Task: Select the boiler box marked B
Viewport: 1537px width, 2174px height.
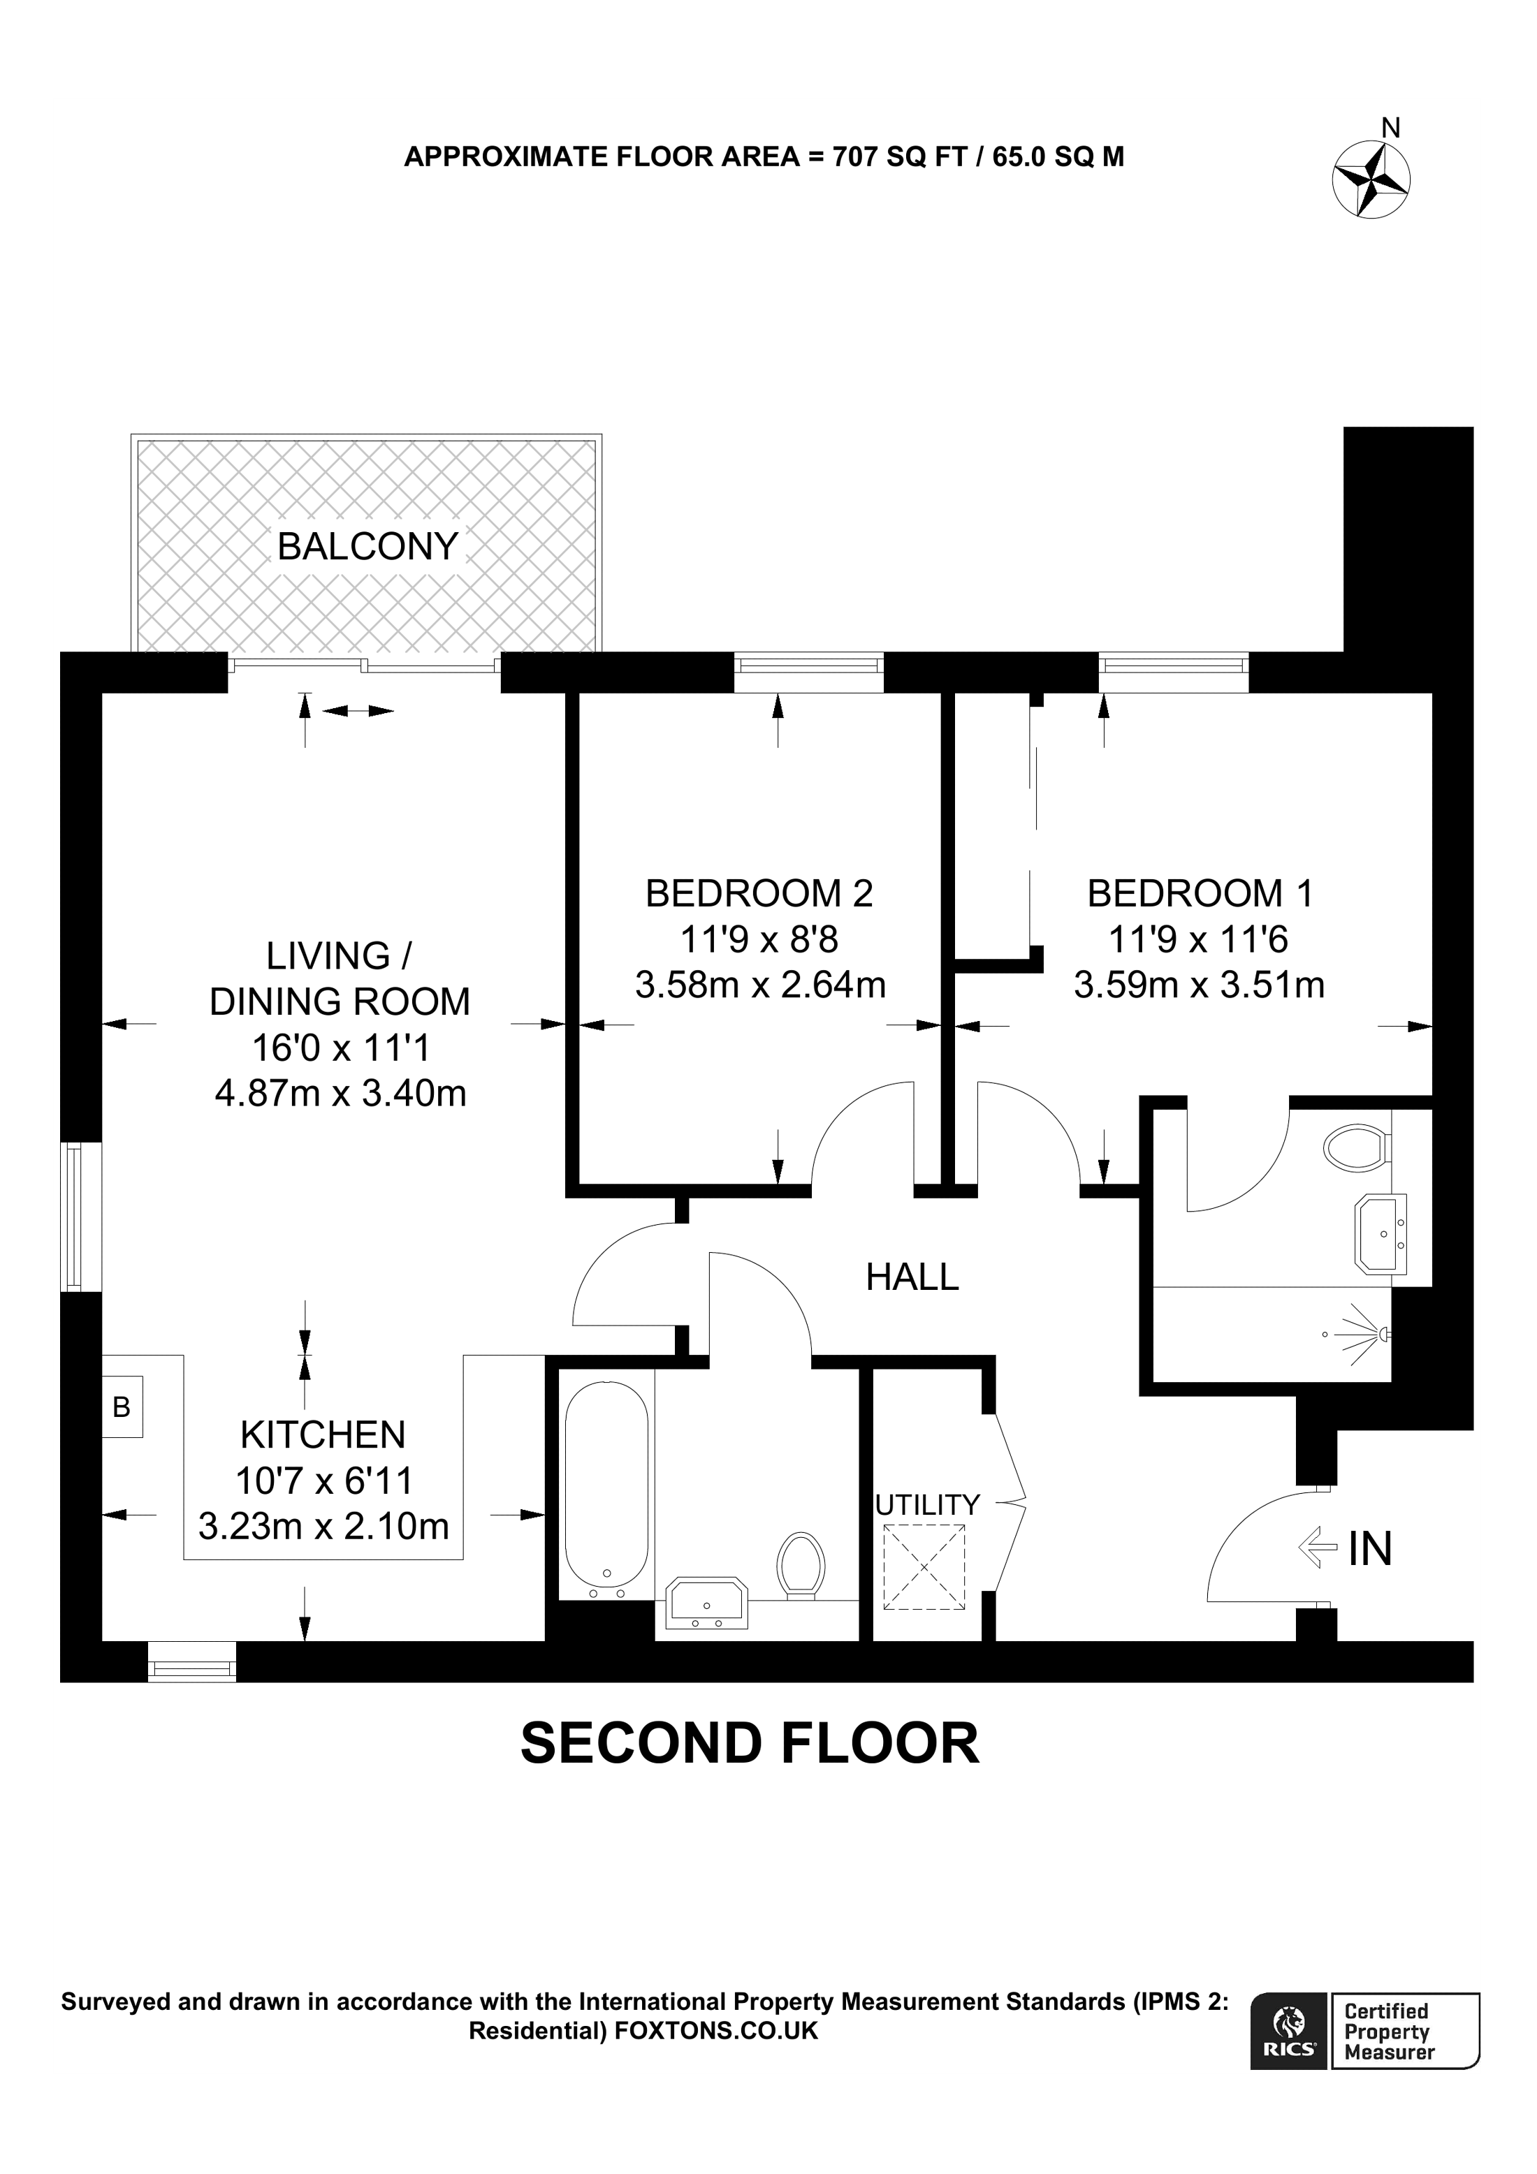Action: click(x=122, y=1407)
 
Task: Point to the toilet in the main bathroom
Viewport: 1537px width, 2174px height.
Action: click(x=800, y=1566)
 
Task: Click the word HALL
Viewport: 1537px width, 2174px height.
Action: click(x=912, y=1277)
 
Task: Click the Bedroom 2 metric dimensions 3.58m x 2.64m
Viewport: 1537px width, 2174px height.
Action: click(x=760, y=985)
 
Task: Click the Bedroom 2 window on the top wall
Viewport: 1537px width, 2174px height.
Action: click(x=809, y=673)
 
